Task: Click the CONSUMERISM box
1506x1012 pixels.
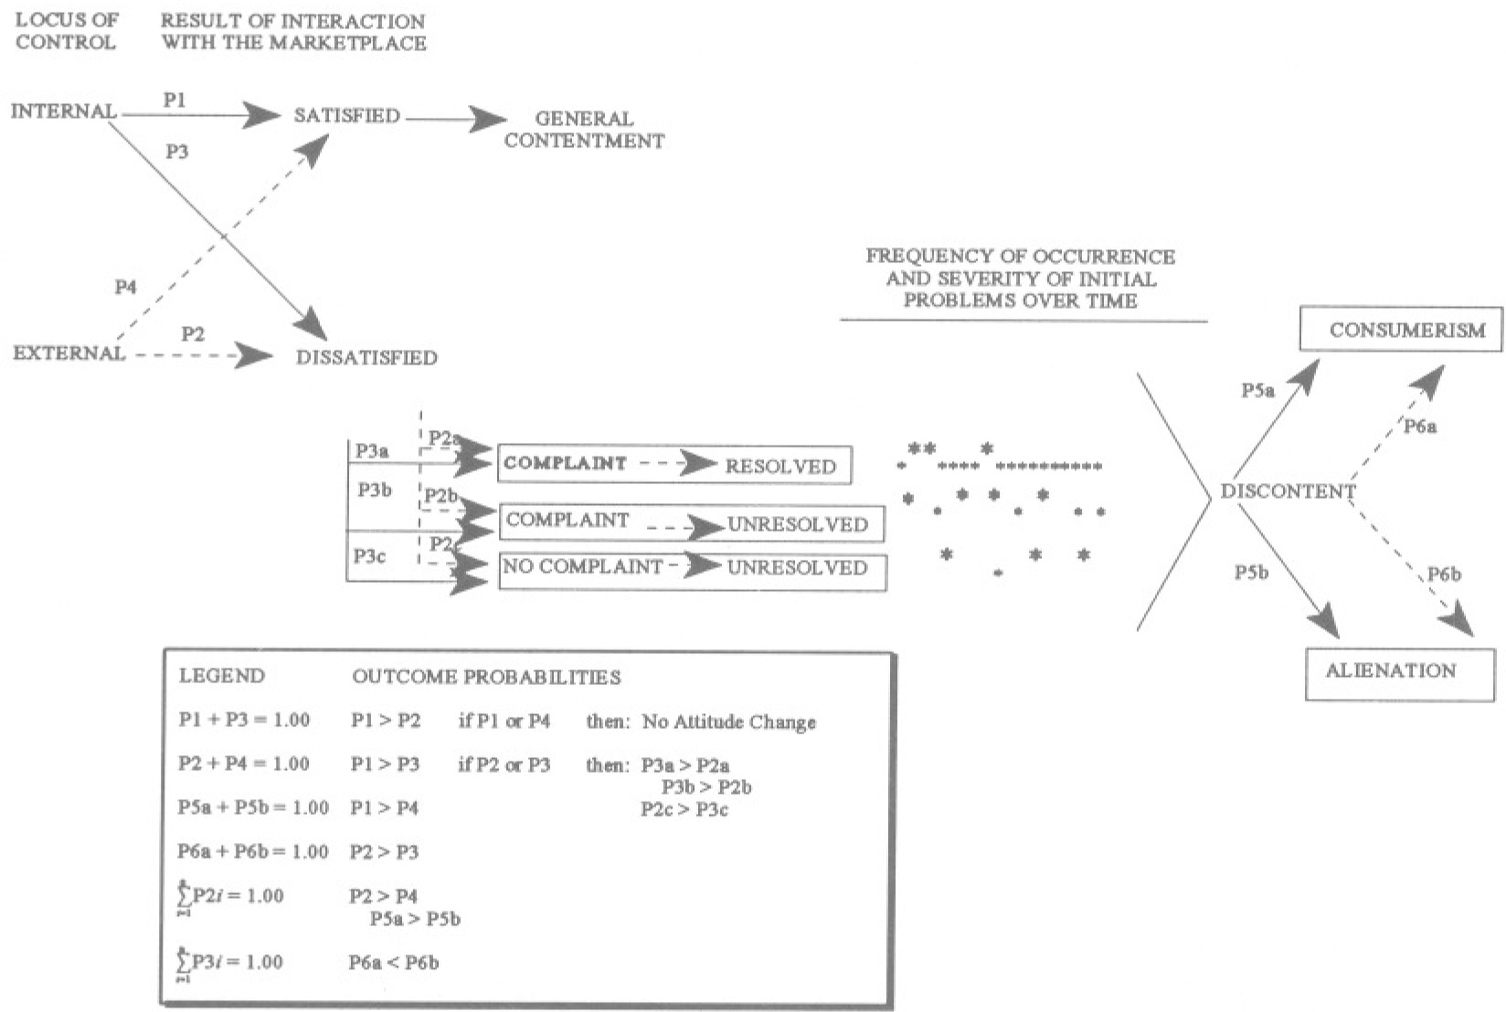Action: click(1401, 330)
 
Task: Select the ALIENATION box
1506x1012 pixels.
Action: click(1399, 673)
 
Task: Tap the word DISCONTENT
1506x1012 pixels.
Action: click(1288, 491)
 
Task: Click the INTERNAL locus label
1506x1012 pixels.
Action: click(63, 112)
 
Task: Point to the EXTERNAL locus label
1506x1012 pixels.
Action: click(69, 353)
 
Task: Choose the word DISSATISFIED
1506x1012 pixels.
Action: click(366, 357)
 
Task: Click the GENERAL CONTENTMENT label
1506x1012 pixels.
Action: click(584, 130)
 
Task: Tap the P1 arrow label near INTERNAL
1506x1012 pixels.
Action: click(174, 100)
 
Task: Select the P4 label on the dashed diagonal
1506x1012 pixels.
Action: click(125, 287)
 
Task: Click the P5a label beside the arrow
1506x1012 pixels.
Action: click(1257, 391)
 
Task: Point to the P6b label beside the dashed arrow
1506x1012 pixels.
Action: click(1444, 575)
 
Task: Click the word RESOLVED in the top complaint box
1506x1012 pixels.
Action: click(780, 466)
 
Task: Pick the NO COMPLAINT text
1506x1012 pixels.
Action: click(582, 566)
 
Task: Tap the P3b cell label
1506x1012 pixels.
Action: click(374, 490)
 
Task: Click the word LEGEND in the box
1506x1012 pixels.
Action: click(221, 676)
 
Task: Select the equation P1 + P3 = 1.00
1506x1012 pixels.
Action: click(244, 720)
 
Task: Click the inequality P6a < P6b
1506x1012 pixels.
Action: click(393, 962)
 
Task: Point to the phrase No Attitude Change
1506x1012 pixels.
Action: click(728, 722)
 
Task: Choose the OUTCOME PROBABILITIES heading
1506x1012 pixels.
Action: click(486, 677)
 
